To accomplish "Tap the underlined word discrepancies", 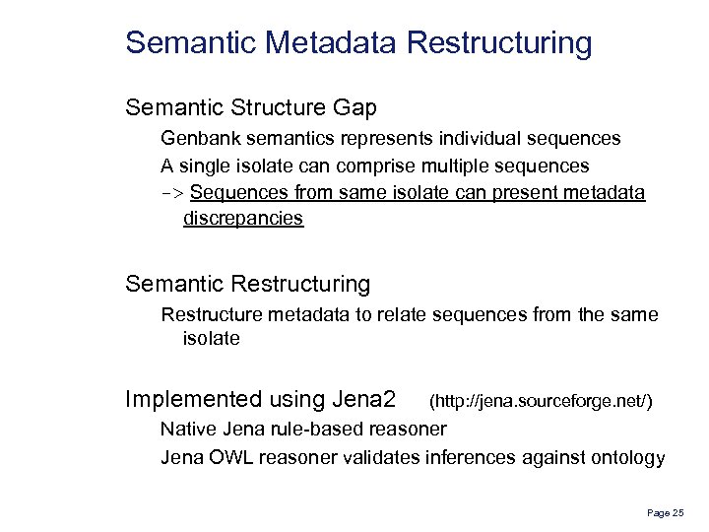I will [243, 219].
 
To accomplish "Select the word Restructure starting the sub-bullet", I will [209, 314].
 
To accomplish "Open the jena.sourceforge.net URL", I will [541, 401].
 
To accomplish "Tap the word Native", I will [187, 430].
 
